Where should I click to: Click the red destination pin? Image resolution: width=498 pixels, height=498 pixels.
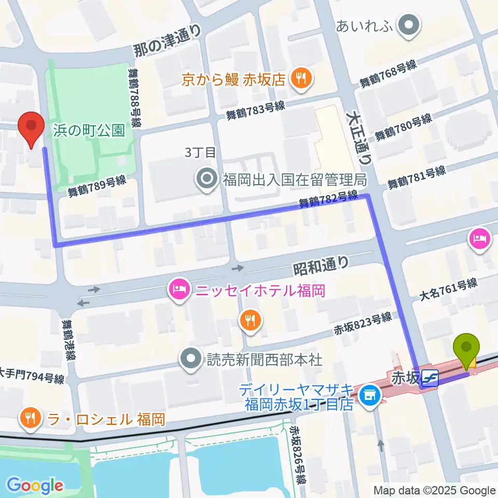pyautogui.click(x=31, y=128)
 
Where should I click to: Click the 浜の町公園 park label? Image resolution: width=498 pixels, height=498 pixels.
pyautogui.click(x=89, y=130)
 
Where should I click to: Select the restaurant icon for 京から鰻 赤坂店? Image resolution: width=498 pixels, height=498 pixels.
pyautogui.click(x=300, y=79)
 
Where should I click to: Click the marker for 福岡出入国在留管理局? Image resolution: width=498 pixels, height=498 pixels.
pyautogui.click(x=208, y=179)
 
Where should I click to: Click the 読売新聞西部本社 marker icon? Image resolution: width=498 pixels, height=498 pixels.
pyautogui.click(x=191, y=358)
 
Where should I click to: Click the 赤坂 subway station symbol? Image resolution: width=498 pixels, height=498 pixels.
pyautogui.click(x=430, y=378)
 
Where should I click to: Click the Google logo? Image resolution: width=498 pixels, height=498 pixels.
pyautogui.click(x=35, y=486)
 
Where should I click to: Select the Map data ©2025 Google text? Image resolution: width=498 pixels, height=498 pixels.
pyautogui.click(x=435, y=490)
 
